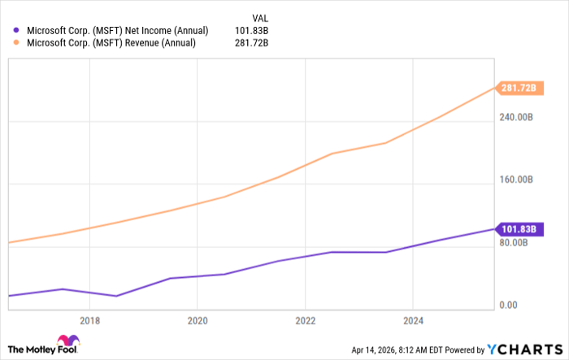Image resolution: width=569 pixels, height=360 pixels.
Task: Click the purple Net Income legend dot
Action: [x=16, y=30]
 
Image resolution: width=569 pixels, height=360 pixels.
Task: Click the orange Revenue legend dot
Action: [x=16, y=42]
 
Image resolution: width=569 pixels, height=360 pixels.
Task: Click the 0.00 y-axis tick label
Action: [x=506, y=305]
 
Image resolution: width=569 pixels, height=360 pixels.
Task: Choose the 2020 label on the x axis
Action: [x=198, y=320]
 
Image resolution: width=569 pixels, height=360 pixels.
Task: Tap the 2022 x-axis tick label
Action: [x=305, y=320]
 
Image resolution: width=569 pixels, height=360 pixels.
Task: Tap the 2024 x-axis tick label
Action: [x=413, y=320]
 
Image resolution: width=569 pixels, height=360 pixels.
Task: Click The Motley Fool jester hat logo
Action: [x=67, y=342]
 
